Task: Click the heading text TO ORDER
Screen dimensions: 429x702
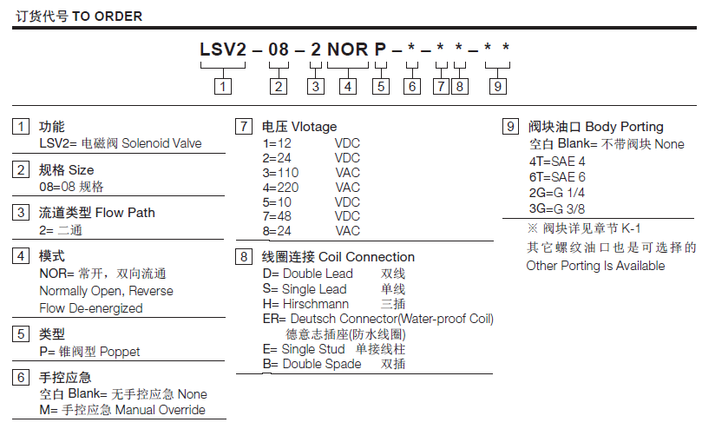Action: point(107,16)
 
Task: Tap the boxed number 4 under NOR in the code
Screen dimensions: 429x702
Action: point(348,86)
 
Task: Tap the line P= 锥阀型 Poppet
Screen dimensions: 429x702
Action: point(89,352)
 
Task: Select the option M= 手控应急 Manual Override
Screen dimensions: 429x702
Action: point(122,410)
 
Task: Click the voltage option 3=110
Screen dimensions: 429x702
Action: point(281,173)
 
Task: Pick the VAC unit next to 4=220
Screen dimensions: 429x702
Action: point(347,188)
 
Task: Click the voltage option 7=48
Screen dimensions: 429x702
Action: point(278,216)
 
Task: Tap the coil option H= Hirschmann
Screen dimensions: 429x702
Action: point(305,305)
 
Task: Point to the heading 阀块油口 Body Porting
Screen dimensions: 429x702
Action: point(596,127)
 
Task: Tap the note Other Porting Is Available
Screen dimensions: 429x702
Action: point(596,266)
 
